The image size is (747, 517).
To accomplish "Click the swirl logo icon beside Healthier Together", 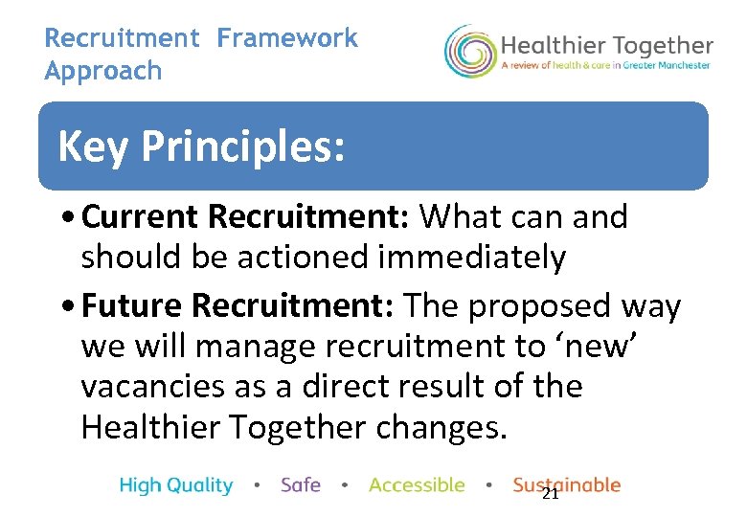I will (469, 52).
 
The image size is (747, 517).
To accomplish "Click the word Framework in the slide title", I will (286, 38).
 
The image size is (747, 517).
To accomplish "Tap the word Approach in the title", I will (103, 71).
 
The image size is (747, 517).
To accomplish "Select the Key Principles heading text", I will (200, 147).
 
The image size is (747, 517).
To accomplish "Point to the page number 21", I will (550, 494).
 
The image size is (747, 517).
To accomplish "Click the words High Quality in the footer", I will (176, 485).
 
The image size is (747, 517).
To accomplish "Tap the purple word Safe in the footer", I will (301, 485).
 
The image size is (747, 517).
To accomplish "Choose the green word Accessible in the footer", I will (417, 485).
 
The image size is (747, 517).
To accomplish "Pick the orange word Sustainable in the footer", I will (566, 485).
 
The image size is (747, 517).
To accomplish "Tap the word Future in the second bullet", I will (133, 306).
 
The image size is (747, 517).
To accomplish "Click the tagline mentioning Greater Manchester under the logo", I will (606, 65).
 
